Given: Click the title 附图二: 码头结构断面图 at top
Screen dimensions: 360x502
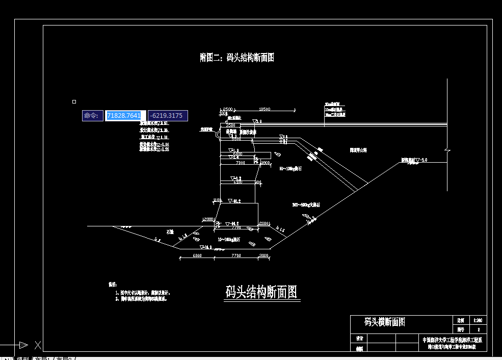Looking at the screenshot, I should pos(237,58).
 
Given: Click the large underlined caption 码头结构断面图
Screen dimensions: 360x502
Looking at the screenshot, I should pos(261,292).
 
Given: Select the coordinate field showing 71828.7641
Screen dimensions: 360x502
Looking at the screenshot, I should pos(125,116).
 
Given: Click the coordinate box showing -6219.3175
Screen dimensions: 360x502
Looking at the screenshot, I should pos(168,116).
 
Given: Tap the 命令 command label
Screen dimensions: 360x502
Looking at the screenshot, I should pos(92,116).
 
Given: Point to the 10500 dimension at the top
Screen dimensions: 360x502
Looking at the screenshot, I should pos(265,109).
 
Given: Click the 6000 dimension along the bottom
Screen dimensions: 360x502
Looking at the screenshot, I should pos(197,255).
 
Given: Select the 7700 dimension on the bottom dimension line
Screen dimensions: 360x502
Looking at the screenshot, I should pos(236,255).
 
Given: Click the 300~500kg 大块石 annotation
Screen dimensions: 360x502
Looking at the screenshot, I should pos(306,205).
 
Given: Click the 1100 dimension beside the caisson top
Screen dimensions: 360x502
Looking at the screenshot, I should pos(218,200).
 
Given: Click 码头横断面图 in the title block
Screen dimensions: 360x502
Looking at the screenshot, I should pos(385,322).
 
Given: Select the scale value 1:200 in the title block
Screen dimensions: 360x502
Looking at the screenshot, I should pos(478,321).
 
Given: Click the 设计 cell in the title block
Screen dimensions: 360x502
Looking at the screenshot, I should pos(359,339).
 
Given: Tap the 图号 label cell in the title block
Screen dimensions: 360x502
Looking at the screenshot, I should pos(460,330).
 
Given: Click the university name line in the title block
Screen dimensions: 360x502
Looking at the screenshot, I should pos(452,340).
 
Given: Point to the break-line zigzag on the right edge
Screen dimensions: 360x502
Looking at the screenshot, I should pos(447,151).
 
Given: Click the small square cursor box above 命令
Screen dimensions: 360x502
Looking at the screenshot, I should pos(74,102).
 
